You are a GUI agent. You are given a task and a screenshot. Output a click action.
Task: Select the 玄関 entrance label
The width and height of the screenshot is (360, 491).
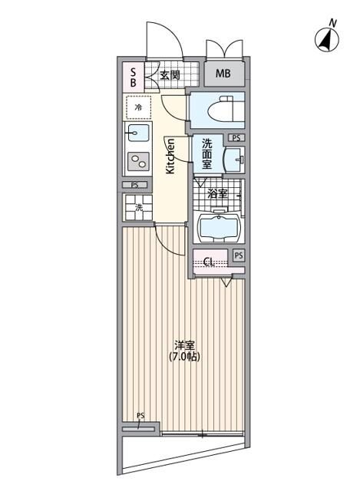point(170,75)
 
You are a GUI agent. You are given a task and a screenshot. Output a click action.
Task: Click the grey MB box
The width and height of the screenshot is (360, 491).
point(223,74)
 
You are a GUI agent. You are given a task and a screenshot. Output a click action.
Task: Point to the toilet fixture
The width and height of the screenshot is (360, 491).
point(218,109)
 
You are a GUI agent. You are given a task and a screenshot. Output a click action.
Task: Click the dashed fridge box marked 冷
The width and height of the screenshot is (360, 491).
point(138,108)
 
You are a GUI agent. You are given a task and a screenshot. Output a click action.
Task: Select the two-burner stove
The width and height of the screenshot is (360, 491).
point(139,162)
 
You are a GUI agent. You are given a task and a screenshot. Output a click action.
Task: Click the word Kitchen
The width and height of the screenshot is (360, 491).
point(170,156)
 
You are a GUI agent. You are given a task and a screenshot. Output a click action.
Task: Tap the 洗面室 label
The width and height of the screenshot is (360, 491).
point(207,153)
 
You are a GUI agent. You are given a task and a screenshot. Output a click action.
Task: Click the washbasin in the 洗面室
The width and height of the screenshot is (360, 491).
point(233,160)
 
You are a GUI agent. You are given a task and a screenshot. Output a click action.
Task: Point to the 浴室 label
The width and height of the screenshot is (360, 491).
point(218,193)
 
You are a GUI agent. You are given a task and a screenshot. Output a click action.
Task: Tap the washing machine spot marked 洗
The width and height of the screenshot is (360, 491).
point(139,207)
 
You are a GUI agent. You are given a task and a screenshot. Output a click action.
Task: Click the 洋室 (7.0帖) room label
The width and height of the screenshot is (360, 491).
point(184,351)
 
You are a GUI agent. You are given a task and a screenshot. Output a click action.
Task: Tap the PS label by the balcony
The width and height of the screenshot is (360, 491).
point(140,417)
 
